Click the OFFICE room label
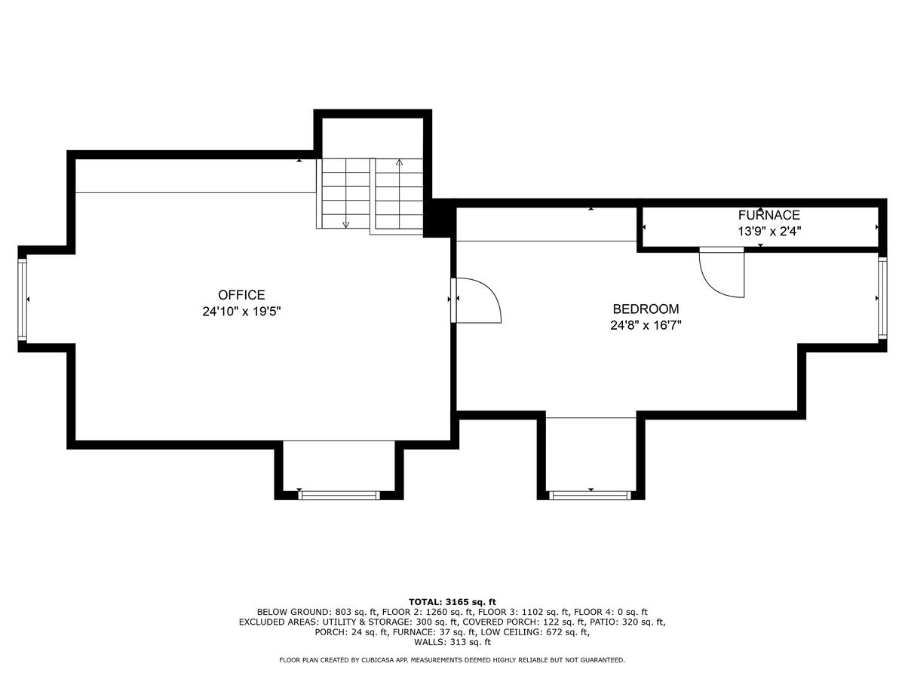click(x=241, y=295)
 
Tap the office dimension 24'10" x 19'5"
click(x=241, y=311)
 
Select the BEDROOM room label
click(x=646, y=309)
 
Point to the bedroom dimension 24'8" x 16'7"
click(x=646, y=325)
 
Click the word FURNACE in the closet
click(x=768, y=216)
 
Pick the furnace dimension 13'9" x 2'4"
click(x=768, y=232)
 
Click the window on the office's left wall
click(x=23, y=300)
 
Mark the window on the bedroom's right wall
click(x=882, y=300)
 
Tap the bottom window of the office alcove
click(x=338, y=495)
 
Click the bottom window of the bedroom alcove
click(x=590, y=495)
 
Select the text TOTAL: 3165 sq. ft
click(x=452, y=601)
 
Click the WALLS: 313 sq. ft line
click(x=452, y=643)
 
